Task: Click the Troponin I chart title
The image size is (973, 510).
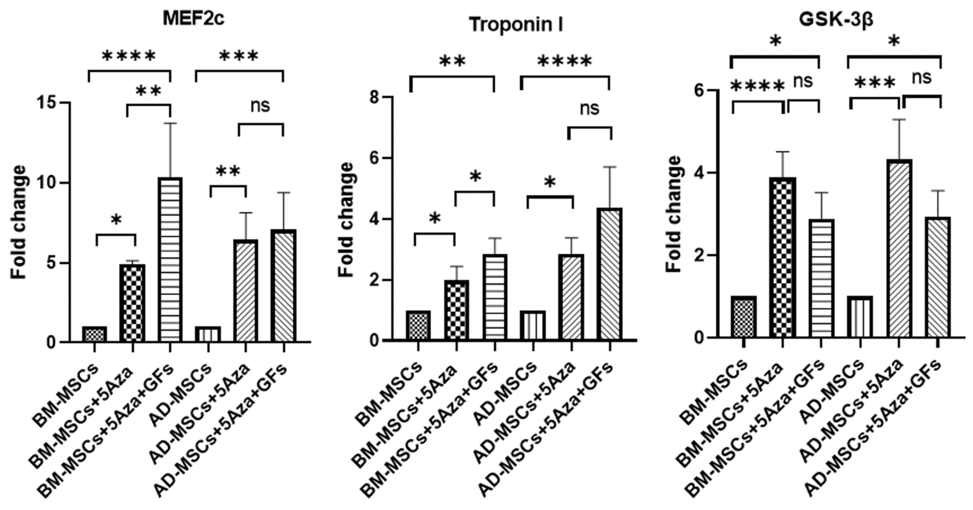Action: click(516, 25)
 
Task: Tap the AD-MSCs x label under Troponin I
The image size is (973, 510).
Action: click(506, 393)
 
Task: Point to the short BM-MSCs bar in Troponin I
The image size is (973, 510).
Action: click(418, 325)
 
